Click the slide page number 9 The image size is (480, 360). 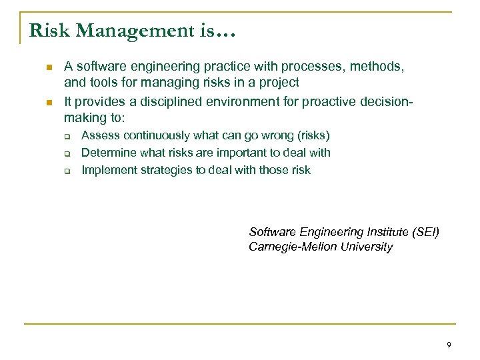(x=449, y=345)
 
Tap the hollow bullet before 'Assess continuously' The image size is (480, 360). (x=67, y=136)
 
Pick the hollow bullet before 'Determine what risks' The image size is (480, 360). (x=67, y=153)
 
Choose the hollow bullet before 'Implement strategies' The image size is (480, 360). (x=67, y=171)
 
